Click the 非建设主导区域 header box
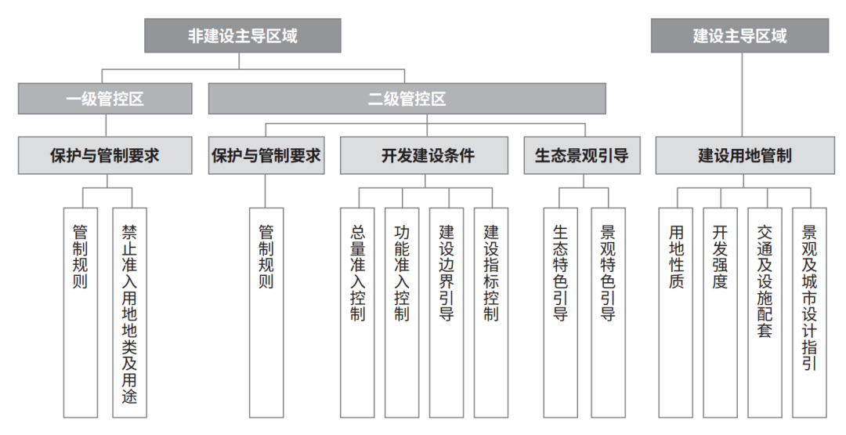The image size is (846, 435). [243, 35]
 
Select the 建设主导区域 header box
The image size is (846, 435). [739, 35]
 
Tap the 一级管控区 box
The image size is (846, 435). [105, 99]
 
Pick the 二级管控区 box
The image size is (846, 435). [407, 99]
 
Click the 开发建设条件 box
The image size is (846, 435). [424, 155]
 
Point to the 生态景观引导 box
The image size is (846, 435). [582, 155]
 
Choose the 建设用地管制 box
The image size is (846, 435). [745, 155]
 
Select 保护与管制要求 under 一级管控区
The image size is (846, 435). [105, 155]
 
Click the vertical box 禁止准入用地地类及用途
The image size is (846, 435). [129, 313]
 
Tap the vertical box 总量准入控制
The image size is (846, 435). [357, 313]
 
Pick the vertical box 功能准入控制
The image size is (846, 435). [402, 313]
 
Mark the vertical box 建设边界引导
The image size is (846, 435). [446, 313]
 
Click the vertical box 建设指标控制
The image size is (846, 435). [491, 313]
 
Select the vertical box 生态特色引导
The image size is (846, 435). [561, 313]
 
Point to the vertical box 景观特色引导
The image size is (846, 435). [609, 313]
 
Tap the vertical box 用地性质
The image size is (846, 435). [676, 313]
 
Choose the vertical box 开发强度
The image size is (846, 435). [721, 313]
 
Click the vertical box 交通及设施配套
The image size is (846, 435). [765, 313]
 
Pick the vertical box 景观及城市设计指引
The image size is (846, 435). [809, 313]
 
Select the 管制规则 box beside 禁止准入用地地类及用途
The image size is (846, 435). [81, 313]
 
